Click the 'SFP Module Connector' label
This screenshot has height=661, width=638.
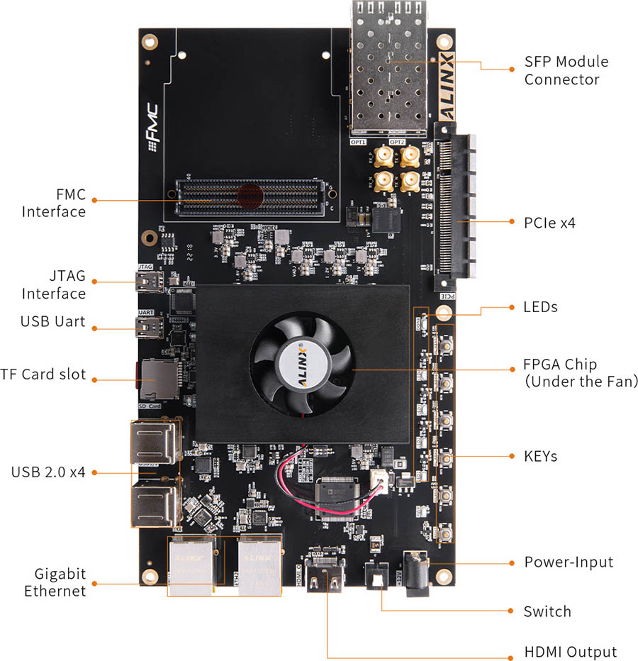[x=566, y=70]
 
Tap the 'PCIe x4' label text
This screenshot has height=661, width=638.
[x=549, y=223]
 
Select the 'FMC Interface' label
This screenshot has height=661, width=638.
[x=54, y=202]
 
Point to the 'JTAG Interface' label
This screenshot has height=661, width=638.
[x=54, y=284]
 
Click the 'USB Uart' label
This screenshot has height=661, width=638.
[x=52, y=321]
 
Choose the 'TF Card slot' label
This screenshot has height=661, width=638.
[x=43, y=374]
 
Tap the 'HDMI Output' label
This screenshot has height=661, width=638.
[x=570, y=652]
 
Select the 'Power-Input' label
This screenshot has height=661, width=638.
[x=569, y=562]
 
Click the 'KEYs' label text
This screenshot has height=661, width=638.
[x=540, y=456]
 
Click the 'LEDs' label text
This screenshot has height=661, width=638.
[x=540, y=307]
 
